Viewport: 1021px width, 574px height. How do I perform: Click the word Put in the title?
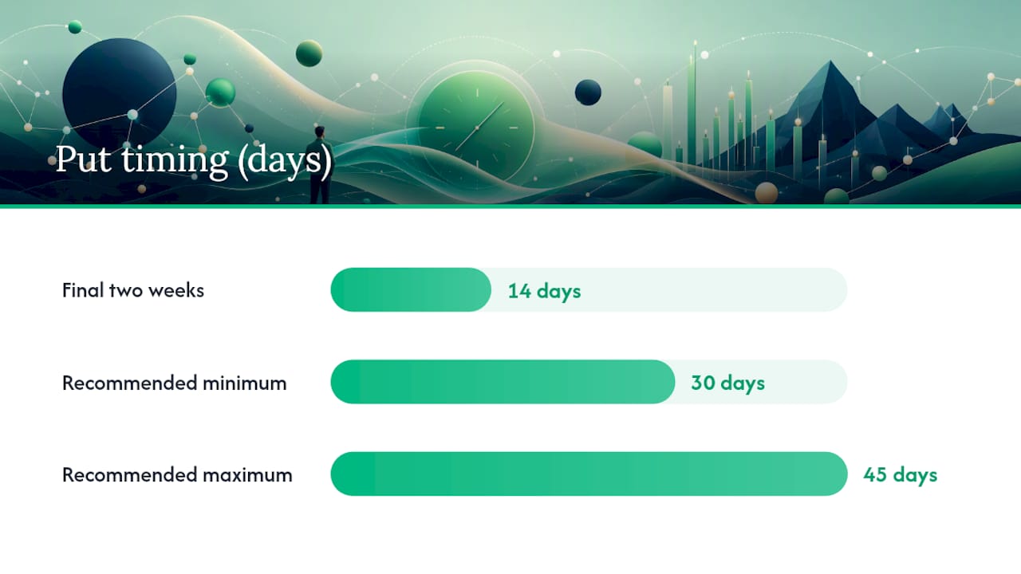pos(83,159)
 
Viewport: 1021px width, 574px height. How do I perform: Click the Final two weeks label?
pos(133,290)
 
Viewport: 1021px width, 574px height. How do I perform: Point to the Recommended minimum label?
pos(175,383)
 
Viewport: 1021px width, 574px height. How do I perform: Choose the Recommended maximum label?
pos(177,474)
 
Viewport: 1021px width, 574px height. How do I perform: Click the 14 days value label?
pos(544,292)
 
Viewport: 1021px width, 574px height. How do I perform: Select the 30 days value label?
pos(728,383)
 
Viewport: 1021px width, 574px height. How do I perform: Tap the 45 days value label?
pos(901,475)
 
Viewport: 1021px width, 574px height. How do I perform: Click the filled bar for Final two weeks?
pos(411,289)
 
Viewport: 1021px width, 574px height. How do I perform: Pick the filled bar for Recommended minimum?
pos(503,382)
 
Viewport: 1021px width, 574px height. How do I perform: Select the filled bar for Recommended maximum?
pos(589,474)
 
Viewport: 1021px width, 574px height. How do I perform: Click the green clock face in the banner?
pos(476,128)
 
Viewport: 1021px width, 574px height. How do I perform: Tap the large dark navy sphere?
pos(119,94)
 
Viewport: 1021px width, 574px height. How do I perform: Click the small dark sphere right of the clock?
pos(588,92)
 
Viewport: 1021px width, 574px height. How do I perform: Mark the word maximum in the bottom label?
pos(247,475)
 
